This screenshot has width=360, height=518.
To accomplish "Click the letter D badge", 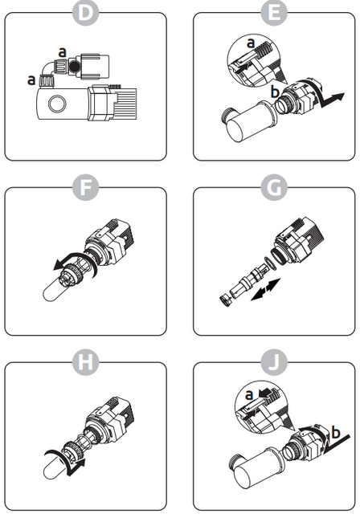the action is pyautogui.click(x=86, y=13).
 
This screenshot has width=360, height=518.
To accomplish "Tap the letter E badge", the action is pyautogui.click(x=274, y=13).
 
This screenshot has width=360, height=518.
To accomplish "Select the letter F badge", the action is pyautogui.click(x=86, y=187).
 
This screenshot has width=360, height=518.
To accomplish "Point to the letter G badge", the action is pyautogui.click(x=274, y=187).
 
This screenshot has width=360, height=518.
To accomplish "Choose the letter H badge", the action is pyautogui.click(x=86, y=362).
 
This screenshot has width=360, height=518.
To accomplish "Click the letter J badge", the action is pyautogui.click(x=274, y=362).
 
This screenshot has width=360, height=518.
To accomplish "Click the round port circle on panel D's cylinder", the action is pyautogui.click(x=57, y=104).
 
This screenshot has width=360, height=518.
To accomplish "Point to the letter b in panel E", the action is pyautogui.click(x=275, y=92).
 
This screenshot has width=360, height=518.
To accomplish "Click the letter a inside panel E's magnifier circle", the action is pyautogui.click(x=252, y=43).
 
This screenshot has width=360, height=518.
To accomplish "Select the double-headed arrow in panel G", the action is pyautogui.click(x=266, y=290).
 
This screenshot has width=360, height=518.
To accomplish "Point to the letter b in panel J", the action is pyautogui.click(x=336, y=432).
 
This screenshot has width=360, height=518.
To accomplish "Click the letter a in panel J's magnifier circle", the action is pyautogui.click(x=249, y=394).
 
